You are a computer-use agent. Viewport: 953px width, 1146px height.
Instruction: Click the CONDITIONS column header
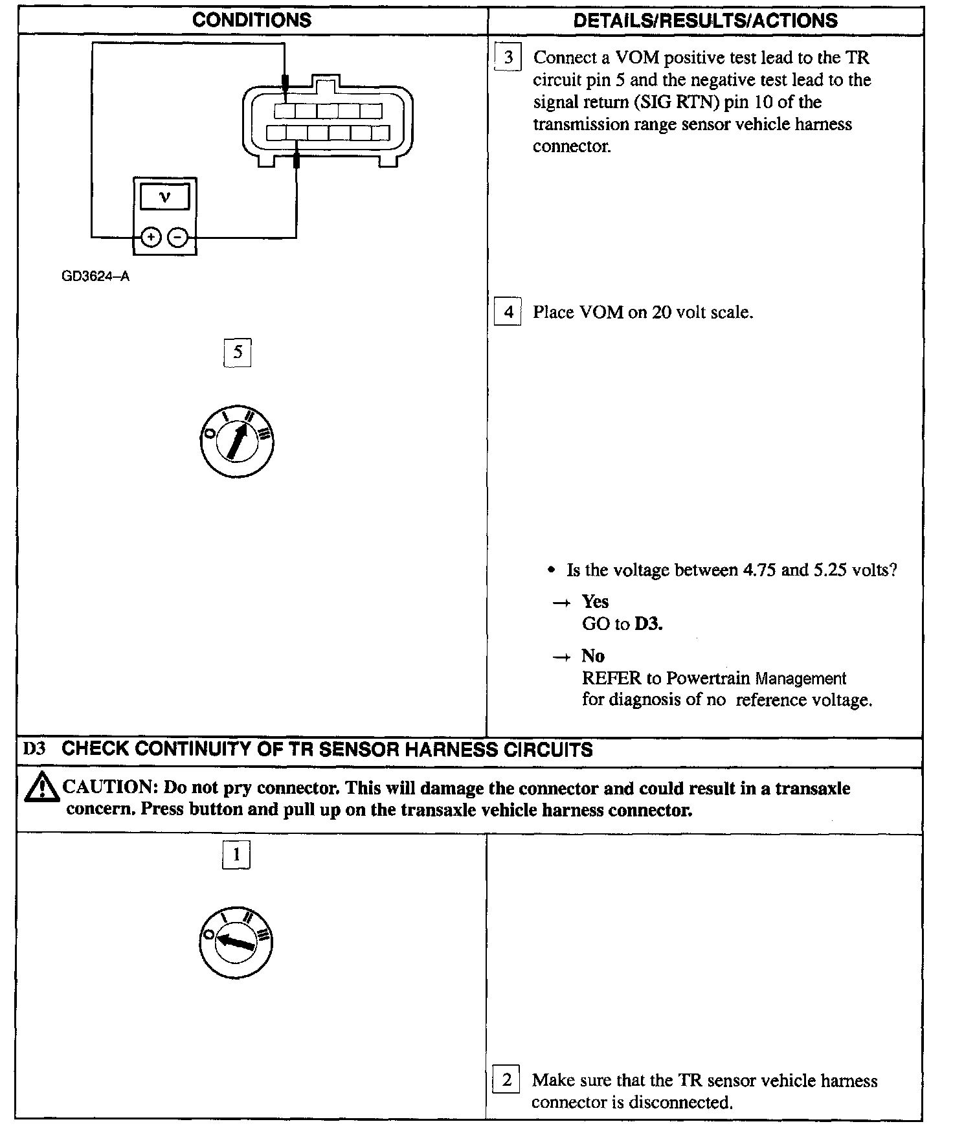252,21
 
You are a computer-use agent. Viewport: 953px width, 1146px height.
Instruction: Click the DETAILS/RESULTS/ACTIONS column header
705,21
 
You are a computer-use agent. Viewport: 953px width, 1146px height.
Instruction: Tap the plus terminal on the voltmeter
150,238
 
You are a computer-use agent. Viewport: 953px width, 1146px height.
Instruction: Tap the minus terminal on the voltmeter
178,238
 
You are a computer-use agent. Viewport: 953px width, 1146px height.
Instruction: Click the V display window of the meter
164,197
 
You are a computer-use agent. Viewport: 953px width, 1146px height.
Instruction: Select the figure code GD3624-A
95,276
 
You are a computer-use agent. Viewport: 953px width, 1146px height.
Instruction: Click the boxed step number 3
508,58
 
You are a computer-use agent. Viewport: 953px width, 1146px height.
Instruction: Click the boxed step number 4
508,313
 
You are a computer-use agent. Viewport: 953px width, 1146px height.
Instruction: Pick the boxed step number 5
238,352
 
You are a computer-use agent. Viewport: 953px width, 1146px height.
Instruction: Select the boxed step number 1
236,855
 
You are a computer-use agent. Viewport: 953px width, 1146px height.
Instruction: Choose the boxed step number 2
506,1079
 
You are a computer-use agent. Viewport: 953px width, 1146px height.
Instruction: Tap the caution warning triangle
40,788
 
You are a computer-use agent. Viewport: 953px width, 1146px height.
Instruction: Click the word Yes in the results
595,601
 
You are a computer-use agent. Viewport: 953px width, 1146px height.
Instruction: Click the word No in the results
592,656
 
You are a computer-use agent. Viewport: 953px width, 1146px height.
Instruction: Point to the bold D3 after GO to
648,624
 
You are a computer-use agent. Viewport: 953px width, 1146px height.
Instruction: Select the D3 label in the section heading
34,750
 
